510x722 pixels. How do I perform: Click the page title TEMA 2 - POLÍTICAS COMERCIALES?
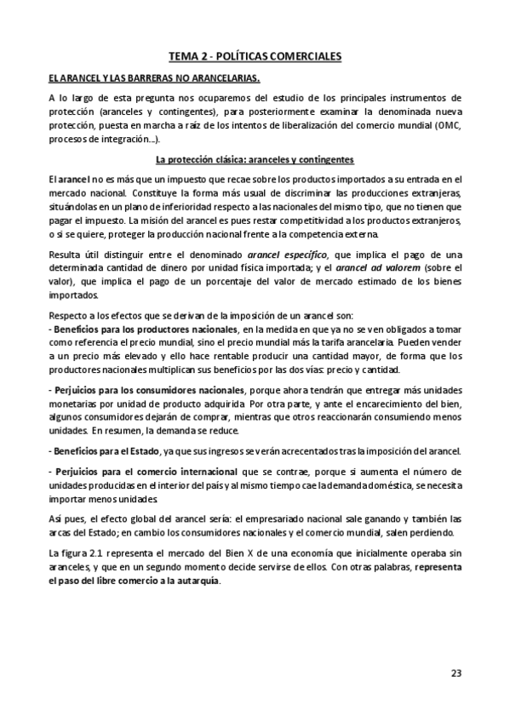pyautogui.click(x=255, y=56)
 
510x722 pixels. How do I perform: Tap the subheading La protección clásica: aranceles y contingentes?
pyautogui.click(x=255, y=160)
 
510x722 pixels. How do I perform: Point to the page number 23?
pyautogui.click(x=456, y=673)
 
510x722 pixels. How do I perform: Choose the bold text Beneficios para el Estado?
pyautogui.click(x=104, y=450)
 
